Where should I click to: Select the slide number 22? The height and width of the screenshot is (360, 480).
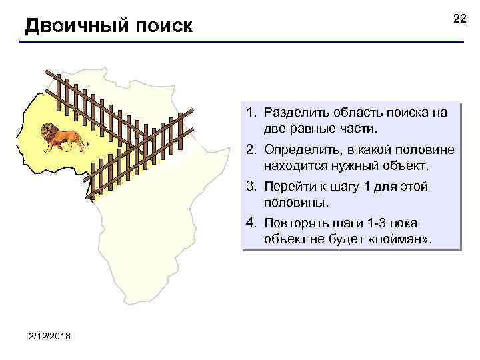(460, 19)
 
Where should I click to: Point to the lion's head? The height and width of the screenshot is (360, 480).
(49, 132)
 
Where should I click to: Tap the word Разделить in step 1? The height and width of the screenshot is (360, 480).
(296, 113)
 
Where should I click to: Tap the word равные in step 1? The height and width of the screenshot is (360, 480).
(316, 127)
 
